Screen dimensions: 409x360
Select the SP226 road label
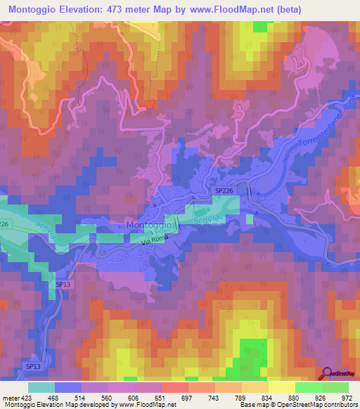click(x=223, y=190)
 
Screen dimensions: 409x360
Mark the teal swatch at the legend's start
click(x=41, y=387)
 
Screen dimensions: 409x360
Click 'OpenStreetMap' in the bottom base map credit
click(x=312, y=405)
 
